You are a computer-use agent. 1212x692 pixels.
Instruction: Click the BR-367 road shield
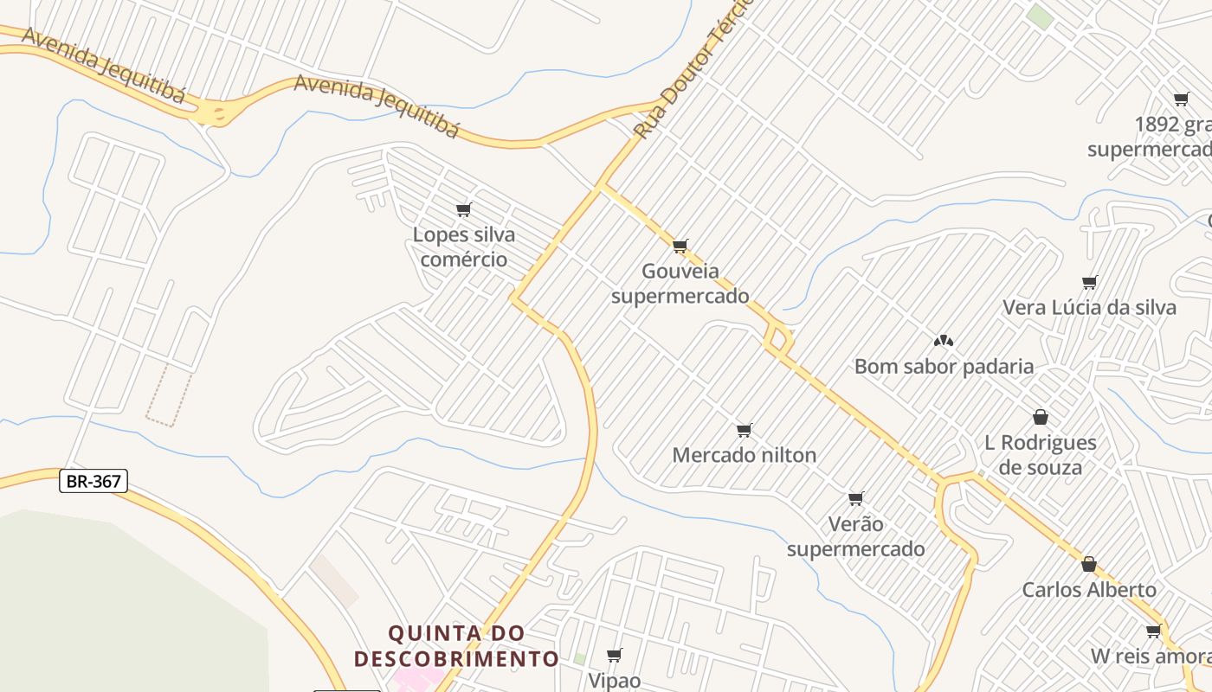(93, 481)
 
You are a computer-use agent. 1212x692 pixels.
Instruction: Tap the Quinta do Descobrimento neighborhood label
(456, 646)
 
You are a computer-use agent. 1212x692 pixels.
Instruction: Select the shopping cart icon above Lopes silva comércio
(464, 209)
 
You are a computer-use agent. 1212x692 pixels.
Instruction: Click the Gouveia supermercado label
(680, 284)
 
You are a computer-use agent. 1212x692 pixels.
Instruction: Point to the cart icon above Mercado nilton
(744, 430)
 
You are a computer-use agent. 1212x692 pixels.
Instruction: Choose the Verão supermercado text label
(855, 536)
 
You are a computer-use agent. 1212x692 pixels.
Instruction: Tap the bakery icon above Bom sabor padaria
(944, 341)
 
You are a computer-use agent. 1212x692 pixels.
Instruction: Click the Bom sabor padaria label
(944, 366)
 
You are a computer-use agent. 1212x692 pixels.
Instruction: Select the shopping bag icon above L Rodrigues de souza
(1041, 417)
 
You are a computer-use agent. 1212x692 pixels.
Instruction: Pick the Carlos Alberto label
(1089, 590)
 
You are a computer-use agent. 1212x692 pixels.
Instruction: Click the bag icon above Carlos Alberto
(1089, 564)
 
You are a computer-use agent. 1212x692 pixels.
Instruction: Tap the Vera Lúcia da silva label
(1089, 307)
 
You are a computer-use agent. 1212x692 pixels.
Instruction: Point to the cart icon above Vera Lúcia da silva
(1090, 282)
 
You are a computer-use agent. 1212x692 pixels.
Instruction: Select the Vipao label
(615, 681)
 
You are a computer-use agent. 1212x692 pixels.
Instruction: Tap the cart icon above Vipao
(615, 655)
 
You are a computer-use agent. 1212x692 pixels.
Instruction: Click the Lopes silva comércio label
(464, 247)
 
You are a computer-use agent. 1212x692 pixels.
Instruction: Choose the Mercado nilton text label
(744, 455)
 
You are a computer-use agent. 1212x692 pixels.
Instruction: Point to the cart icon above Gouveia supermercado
(680, 247)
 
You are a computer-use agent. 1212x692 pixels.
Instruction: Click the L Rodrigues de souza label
(1041, 455)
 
